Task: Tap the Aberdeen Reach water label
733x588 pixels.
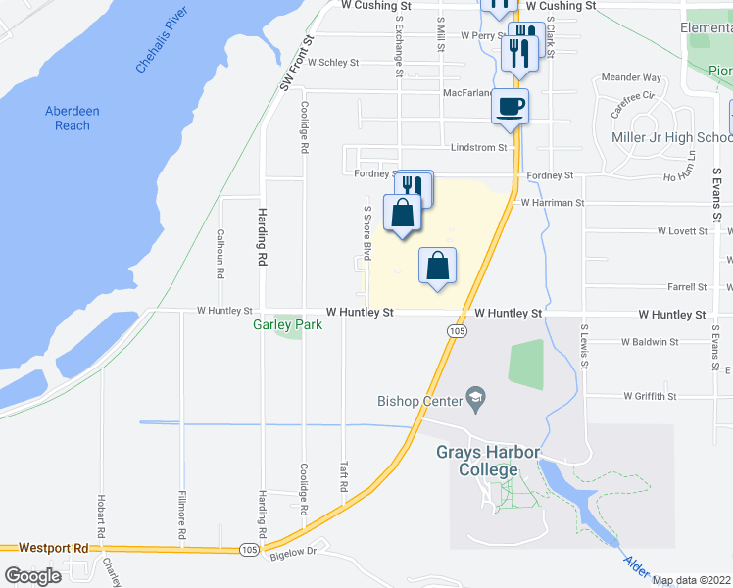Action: point(73,119)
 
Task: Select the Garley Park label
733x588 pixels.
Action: point(287,324)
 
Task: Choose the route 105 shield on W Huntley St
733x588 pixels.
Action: point(458,332)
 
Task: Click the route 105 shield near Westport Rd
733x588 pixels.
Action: point(251,551)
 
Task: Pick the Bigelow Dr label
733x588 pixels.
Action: point(300,551)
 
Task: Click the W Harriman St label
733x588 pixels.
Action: point(553,203)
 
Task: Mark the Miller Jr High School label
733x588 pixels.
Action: point(671,138)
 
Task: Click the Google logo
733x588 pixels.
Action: point(33,576)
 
